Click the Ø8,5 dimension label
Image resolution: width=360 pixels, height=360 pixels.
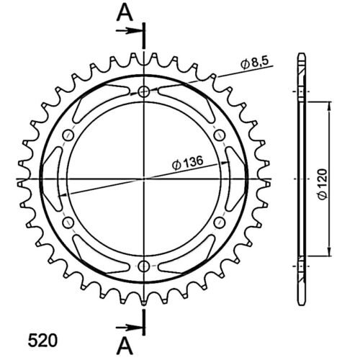click(254, 63)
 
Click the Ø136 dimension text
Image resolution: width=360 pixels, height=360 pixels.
click(188, 163)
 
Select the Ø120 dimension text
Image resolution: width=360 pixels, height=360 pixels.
click(322, 184)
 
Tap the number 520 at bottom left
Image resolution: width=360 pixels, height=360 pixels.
click(43, 340)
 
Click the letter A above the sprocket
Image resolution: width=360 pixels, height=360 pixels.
click(125, 12)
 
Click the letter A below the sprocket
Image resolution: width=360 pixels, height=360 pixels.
click(125, 346)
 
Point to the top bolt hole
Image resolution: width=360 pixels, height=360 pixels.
click(144, 91)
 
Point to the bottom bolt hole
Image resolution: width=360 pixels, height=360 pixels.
click(144, 266)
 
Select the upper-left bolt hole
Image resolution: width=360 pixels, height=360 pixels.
click(68, 135)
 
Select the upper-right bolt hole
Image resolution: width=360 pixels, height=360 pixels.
click(220, 135)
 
